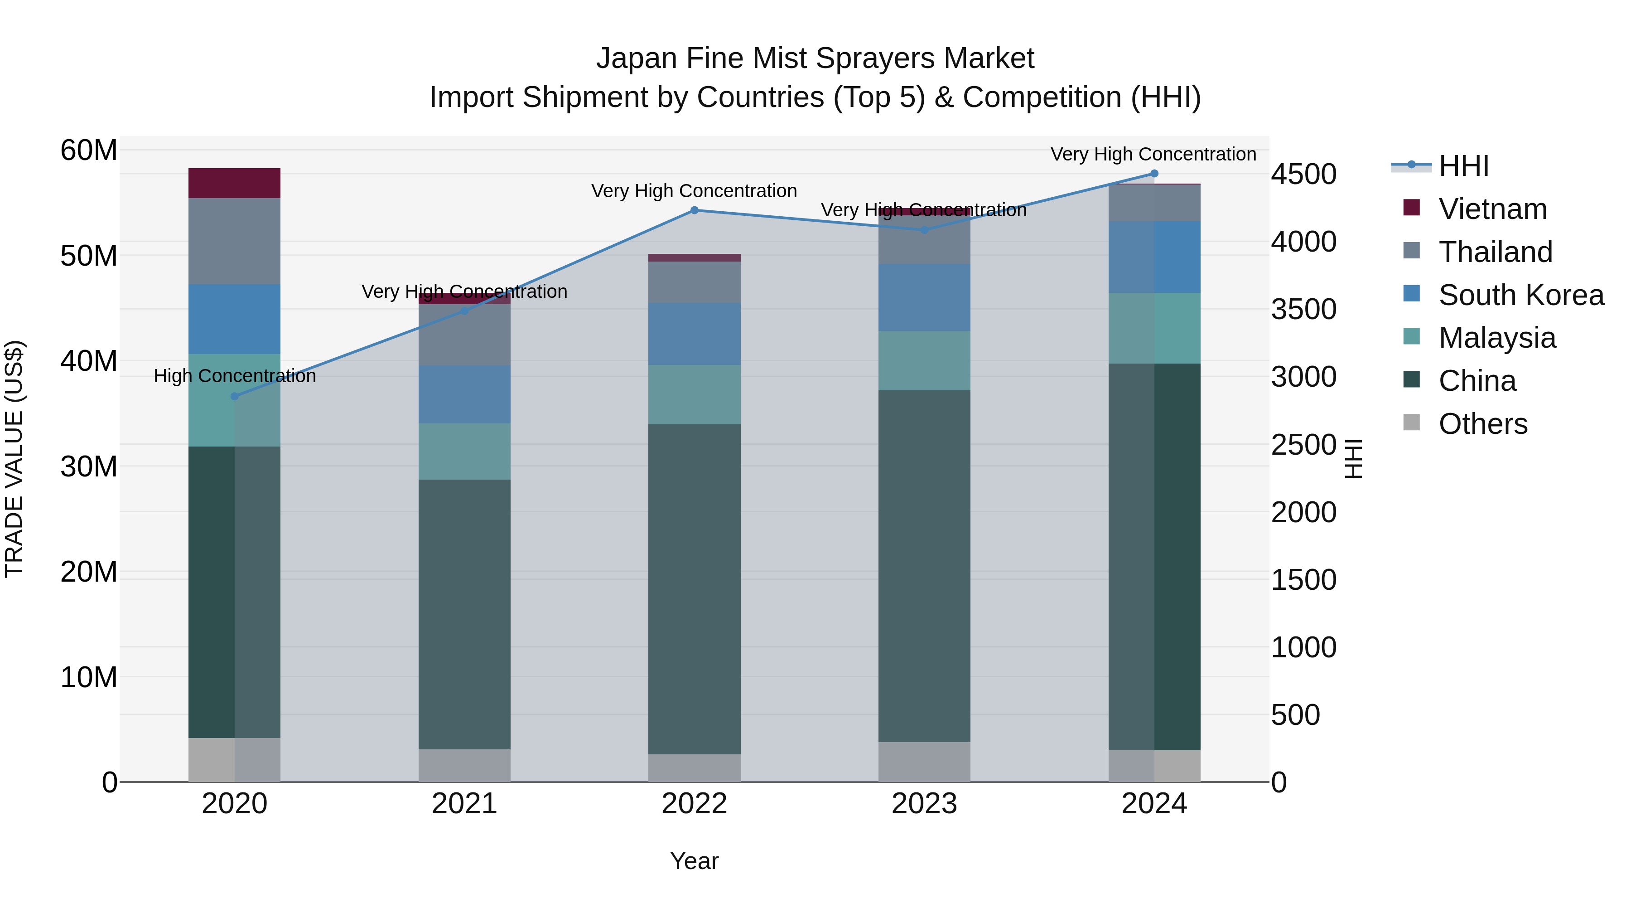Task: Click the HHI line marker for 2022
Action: [694, 210]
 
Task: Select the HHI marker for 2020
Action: [234, 397]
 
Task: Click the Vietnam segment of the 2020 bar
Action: [234, 184]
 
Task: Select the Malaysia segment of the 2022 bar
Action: [694, 395]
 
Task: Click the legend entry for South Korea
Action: [1521, 295]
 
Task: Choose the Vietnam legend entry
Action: [1492, 209]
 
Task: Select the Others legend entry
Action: [1482, 424]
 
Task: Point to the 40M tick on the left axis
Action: [89, 361]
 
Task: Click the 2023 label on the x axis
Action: [924, 804]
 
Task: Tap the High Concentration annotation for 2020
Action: [234, 376]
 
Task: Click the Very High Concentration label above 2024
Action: [1153, 154]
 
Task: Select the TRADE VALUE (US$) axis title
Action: [14, 459]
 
